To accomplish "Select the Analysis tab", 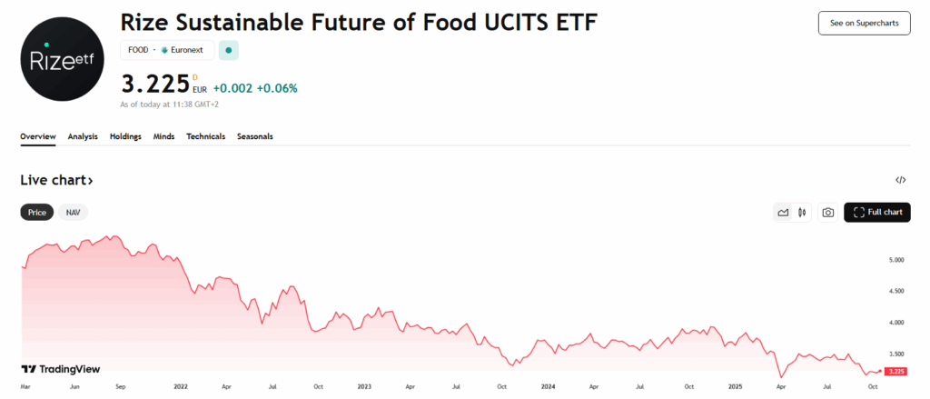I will (x=83, y=136).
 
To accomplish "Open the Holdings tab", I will (x=125, y=136).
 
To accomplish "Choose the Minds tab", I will (x=163, y=136).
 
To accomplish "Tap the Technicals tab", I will (x=205, y=136).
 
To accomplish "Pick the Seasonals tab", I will (x=254, y=136).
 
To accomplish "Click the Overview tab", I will (x=38, y=136).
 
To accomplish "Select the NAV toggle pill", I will (x=74, y=213).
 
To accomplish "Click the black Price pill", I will (x=37, y=213).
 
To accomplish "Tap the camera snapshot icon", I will (x=828, y=213).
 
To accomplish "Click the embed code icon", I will (x=900, y=181).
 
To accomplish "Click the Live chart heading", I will (x=56, y=181).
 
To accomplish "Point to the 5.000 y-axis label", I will (x=896, y=260).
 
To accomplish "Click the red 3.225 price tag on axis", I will (x=896, y=372).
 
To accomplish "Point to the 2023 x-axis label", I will (x=364, y=386).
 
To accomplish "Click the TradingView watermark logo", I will (x=60, y=369).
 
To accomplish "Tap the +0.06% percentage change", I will (x=277, y=88).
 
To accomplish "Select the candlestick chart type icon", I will (x=802, y=213).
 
